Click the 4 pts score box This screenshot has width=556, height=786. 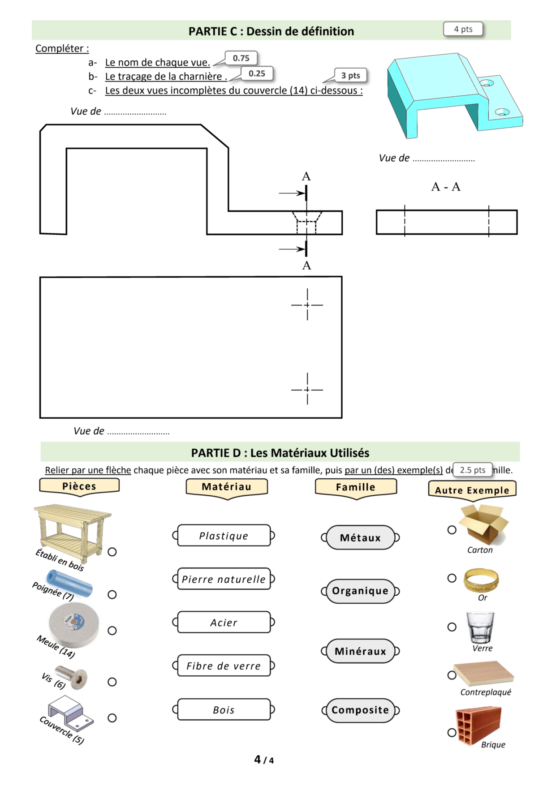[x=463, y=29]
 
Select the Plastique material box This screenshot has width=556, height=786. [x=224, y=536]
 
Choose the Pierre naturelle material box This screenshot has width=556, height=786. [x=224, y=579]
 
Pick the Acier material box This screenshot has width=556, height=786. [x=224, y=622]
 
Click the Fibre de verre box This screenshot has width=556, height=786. [x=224, y=666]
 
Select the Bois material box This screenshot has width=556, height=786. [x=224, y=709]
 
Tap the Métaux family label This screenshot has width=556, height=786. [x=360, y=537]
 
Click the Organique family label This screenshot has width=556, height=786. [x=360, y=591]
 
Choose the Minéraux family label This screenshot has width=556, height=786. [x=360, y=651]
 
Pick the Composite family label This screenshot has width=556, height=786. [x=360, y=710]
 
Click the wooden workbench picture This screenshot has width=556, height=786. [x=73, y=532]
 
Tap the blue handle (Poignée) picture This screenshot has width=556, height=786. [x=69, y=583]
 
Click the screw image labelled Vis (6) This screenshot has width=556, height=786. [x=72, y=677]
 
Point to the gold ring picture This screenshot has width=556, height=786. [x=481, y=580]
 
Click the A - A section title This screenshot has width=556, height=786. [x=446, y=187]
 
